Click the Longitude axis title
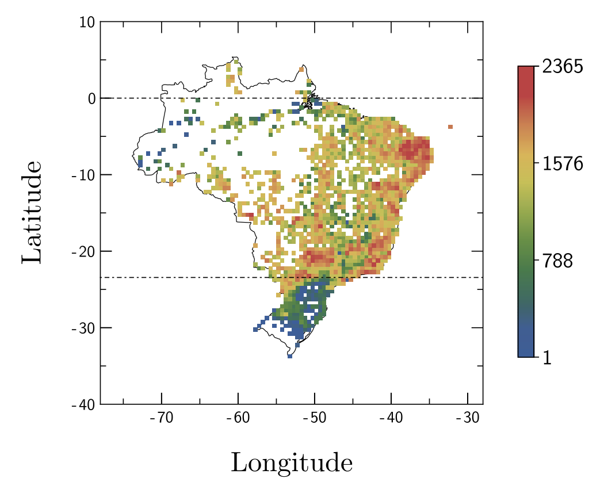pos(292,462)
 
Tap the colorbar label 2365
pos(562,67)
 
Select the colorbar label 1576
pos(562,164)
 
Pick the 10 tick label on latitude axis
pos(87,23)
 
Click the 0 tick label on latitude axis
pos(91,98)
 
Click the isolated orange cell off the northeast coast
pos(450,127)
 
